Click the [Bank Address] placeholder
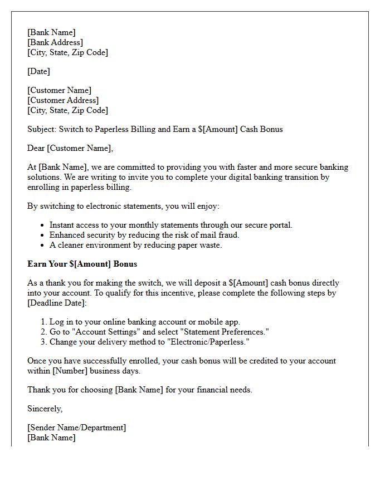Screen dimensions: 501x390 pos(55,42)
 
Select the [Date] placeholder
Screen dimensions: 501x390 pos(38,71)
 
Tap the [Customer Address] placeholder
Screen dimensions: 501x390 pos(63,100)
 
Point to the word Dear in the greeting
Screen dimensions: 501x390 pos(36,148)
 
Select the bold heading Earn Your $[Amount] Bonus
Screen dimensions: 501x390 pos(82,264)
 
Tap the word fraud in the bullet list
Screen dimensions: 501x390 pos(227,235)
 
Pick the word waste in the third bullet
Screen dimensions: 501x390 pos(210,245)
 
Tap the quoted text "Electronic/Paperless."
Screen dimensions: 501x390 pos(206,342)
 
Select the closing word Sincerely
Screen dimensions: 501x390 pos(45,409)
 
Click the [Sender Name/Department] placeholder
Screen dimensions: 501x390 pos(76,428)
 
